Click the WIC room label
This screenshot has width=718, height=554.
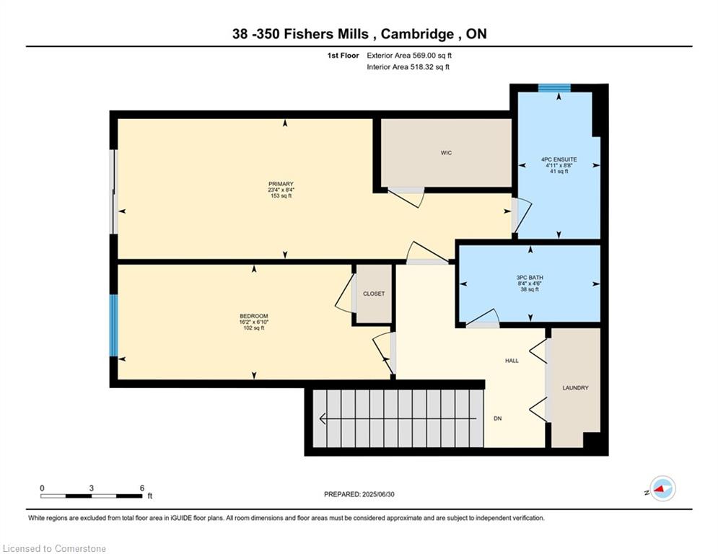446,153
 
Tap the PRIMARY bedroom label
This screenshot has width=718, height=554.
281,184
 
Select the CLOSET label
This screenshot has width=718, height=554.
374,294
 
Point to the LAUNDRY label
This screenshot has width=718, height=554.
575,388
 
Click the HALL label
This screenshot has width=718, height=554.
512,361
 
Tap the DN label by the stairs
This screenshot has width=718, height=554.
497,418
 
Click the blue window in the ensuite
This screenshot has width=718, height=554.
554,88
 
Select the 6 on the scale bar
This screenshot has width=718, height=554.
142,488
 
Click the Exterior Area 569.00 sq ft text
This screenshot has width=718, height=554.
409,55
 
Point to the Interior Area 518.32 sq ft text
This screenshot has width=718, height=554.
408,67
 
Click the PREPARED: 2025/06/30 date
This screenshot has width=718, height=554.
359,494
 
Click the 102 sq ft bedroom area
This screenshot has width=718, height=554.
253,328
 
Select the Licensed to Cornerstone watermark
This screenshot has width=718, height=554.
55,549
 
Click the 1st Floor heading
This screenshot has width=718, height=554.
342,55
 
